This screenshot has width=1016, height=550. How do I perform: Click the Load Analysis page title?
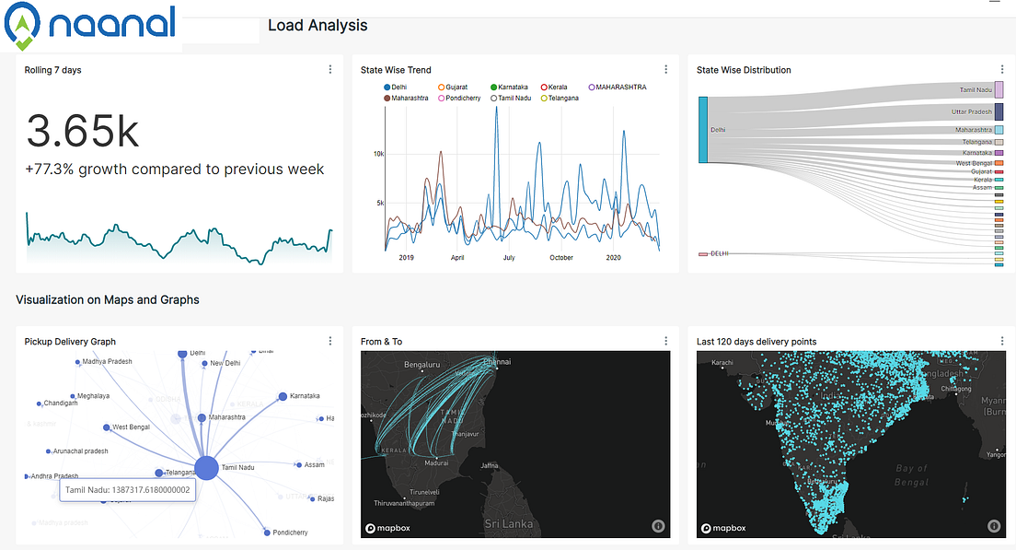[317, 26]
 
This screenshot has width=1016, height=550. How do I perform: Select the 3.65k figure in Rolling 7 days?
[83, 131]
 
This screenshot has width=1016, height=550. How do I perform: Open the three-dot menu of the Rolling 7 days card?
[330, 70]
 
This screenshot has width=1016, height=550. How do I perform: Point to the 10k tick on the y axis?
[378, 154]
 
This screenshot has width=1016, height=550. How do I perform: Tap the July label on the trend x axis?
[509, 258]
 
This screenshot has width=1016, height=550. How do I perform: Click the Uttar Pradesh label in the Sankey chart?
[971, 111]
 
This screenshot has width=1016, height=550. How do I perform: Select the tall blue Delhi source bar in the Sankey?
[703, 130]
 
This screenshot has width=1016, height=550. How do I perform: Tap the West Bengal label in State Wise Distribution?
[973, 163]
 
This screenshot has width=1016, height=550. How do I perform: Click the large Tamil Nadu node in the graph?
[205, 467]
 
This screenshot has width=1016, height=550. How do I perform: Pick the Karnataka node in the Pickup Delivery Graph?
[283, 397]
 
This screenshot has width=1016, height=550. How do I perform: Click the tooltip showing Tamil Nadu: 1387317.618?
[128, 490]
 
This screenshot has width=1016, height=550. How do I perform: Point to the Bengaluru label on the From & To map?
[424, 365]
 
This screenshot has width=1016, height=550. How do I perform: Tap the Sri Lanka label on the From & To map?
[510, 523]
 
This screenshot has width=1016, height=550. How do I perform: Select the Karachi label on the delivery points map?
[722, 361]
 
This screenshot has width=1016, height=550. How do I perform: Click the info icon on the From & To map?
[658, 526]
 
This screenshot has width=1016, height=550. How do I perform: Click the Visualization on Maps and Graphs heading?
[108, 299]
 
